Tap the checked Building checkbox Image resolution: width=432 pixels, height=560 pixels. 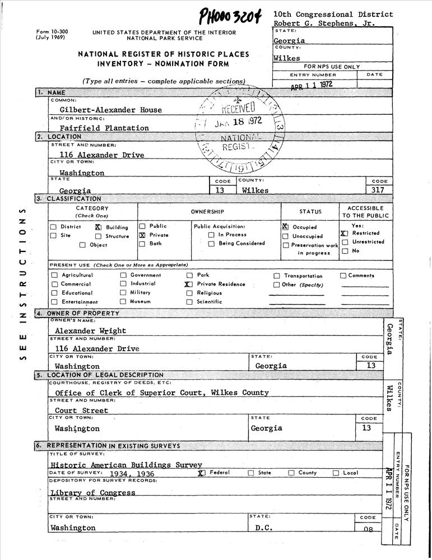(x=97, y=227)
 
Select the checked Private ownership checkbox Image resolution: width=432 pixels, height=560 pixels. (x=142, y=236)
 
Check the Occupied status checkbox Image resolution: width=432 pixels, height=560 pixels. (x=285, y=227)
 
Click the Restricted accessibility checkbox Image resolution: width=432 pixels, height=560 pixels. (x=344, y=234)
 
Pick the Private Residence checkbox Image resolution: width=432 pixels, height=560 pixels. (x=189, y=284)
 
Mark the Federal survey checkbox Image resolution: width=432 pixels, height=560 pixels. (x=201, y=473)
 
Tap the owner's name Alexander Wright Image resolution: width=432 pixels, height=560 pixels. (x=90, y=331)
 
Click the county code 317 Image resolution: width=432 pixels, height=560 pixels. (x=379, y=190)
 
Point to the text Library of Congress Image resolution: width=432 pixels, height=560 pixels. (x=92, y=493)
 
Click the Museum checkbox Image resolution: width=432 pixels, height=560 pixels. (x=123, y=301)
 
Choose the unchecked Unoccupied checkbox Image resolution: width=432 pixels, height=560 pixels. (x=286, y=236)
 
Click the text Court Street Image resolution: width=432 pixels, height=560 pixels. (x=81, y=410)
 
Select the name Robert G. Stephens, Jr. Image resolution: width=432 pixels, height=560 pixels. (x=326, y=24)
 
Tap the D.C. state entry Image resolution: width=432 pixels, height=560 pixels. (x=264, y=528)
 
